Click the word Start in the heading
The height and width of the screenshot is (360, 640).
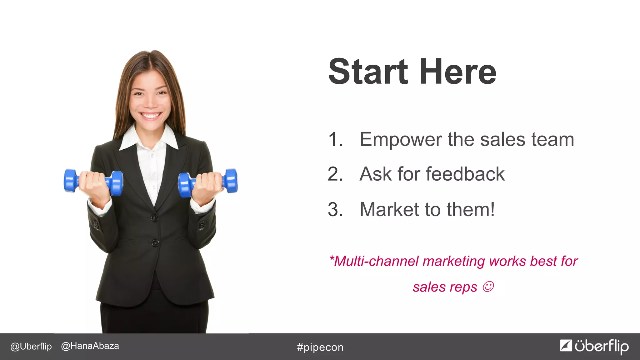(x=368, y=72)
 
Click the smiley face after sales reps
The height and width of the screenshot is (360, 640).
(x=488, y=287)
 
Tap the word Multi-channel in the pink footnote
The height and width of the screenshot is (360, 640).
(x=376, y=261)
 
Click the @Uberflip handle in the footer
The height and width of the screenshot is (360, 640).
(x=31, y=346)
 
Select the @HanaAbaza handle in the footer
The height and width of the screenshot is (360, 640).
(x=90, y=346)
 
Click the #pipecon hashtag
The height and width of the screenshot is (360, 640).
(x=320, y=347)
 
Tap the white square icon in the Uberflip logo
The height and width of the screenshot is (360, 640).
(x=566, y=345)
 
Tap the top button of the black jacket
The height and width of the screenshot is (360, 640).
(x=154, y=218)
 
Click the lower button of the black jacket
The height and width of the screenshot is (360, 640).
(x=155, y=243)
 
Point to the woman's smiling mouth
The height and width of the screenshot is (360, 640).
(x=151, y=116)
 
